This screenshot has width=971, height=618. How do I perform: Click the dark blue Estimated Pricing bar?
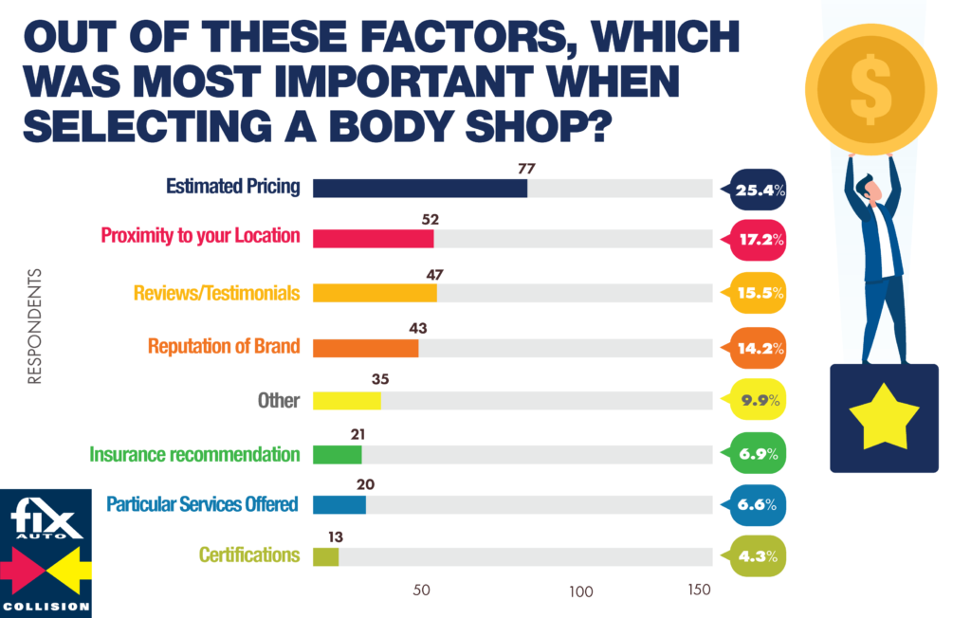tap(419, 188)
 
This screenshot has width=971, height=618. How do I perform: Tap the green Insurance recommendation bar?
tap(337, 454)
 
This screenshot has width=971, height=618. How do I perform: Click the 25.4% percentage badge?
tap(755, 191)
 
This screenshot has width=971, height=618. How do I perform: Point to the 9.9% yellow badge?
tap(755, 400)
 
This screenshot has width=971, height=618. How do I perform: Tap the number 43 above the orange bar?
tap(418, 328)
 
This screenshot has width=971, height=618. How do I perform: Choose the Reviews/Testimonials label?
tap(216, 293)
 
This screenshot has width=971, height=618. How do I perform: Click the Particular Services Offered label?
tap(202, 503)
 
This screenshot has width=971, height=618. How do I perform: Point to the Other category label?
tap(279, 400)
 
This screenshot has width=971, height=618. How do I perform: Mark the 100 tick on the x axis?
tap(581, 591)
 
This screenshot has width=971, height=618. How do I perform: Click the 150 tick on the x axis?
tap(699, 590)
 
